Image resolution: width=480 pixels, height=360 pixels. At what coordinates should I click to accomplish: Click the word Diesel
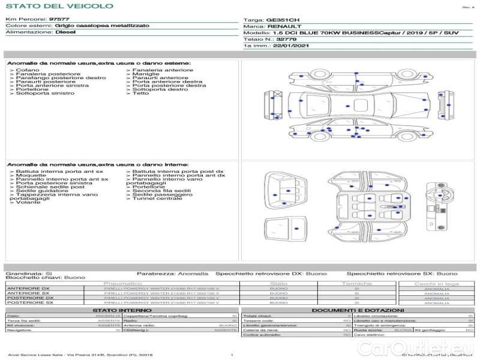click(x=65, y=32)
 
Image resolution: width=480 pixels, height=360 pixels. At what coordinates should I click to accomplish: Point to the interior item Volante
click(x=28, y=202)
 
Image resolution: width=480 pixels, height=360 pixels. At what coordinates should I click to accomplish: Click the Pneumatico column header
click(x=122, y=283)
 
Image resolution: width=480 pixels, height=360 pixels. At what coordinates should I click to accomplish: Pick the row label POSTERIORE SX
click(x=29, y=303)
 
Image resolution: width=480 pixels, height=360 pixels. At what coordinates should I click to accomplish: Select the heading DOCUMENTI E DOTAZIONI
click(x=357, y=310)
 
